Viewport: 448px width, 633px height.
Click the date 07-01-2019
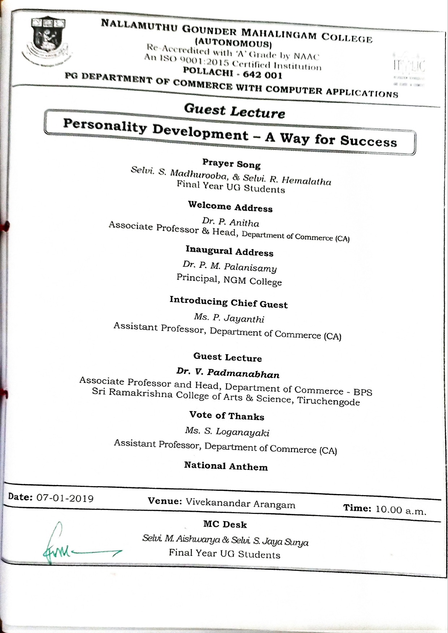pyautogui.click(x=65, y=498)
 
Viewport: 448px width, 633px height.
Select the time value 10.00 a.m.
pyautogui.click(x=401, y=510)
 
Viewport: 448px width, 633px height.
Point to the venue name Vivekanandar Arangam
pyautogui.click(x=240, y=503)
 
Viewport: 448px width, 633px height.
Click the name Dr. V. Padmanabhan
pyautogui.click(x=228, y=373)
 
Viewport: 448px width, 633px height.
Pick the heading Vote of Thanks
pyautogui.click(x=227, y=416)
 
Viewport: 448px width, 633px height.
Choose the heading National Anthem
pyautogui.click(x=226, y=466)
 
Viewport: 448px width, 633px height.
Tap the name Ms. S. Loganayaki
pyautogui.click(x=227, y=432)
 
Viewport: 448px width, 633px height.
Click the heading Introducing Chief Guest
pyautogui.click(x=229, y=302)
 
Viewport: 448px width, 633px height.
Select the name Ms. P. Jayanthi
pyautogui.click(x=229, y=318)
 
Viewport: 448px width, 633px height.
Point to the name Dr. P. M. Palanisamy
pyautogui.click(x=230, y=267)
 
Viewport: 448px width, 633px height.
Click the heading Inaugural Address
pyautogui.click(x=230, y=251)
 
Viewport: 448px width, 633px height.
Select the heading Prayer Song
pyautogui.click(x=231, y=164)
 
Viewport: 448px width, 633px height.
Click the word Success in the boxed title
pyautogui.click(x=368, y=141)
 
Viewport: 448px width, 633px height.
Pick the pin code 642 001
pyautogui.click(x=262, y=75)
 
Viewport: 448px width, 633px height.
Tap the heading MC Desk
pyautogui.click(x=225, y=524)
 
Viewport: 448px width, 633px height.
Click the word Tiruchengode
pyautogui.click(x=329, y=401)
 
